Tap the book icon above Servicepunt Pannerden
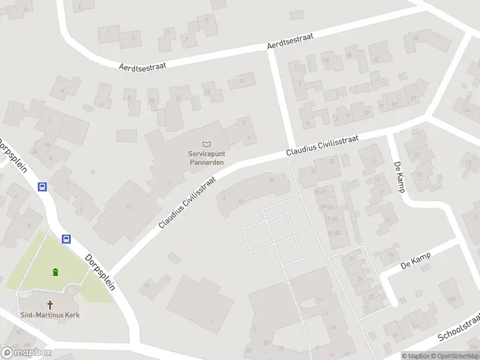(x=207, y=144)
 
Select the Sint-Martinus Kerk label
(x=50, y=315)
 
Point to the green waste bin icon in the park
(x=56, y=272)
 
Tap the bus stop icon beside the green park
(x=67, y=239)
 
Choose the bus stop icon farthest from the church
(x=42, y=187)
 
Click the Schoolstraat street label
(x=459, y=328)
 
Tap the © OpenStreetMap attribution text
(x=454, y=356)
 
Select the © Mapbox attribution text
(x=415, y=356)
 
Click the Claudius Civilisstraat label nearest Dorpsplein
(x=187, y=197)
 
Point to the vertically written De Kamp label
(x=400, y=176)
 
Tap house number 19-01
(x=319, y=192)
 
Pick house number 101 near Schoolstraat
(x=415, y=326)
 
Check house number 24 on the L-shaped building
(x=414, y=39)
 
